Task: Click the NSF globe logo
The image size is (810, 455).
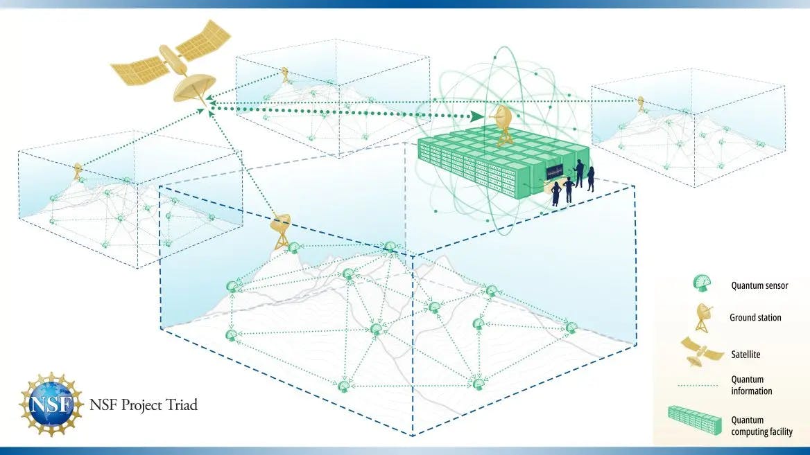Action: tap(51, 404)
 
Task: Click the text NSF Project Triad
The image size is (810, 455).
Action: tap(144, 405)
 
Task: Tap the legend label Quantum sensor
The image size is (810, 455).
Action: tap(759, 285)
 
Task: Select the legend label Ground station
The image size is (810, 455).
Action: tap(755, 318)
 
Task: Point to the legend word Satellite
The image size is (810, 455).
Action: tap(746, 355)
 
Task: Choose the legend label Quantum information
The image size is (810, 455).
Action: tap(751, 385)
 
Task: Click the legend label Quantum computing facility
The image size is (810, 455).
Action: tap(761, 426)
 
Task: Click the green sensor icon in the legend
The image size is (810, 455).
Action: tap(702, 283)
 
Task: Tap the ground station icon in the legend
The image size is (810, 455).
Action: tap(704, 317)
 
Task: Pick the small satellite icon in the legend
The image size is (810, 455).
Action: tap(701, 352)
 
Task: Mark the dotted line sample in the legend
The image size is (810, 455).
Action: tap(698, 385)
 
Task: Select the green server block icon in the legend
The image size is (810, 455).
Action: tap(695, 420)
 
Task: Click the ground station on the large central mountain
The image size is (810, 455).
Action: tap(280, 231)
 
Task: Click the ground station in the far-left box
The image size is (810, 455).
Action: tap(78, 171)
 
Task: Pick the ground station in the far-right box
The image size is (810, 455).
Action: tap(641, 104)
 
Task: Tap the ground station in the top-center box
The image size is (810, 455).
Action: tap(284, 75)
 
